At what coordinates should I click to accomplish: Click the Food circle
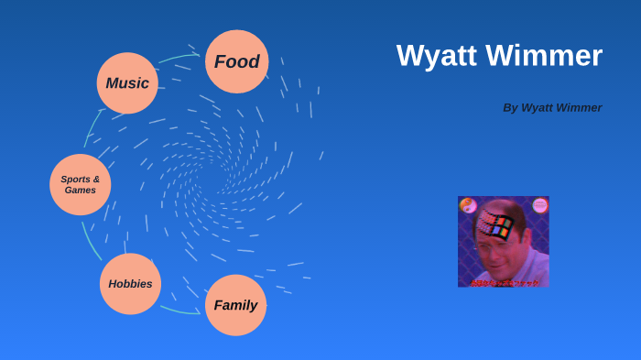coord(236,61)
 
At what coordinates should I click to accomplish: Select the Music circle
coord(127,83)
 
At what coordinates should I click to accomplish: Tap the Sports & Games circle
coord(81,184)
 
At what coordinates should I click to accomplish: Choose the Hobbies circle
coord(130,284)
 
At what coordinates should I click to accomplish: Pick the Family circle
coord(235,305)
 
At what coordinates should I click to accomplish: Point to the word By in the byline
coord(510,107)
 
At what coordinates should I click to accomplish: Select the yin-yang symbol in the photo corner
coord(467,204)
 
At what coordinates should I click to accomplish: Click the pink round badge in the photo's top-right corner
coord(539,204)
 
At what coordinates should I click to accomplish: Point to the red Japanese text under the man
coord(503,282)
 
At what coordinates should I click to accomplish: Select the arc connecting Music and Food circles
coord(179,58)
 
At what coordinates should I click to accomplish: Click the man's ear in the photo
coord(529,238)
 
